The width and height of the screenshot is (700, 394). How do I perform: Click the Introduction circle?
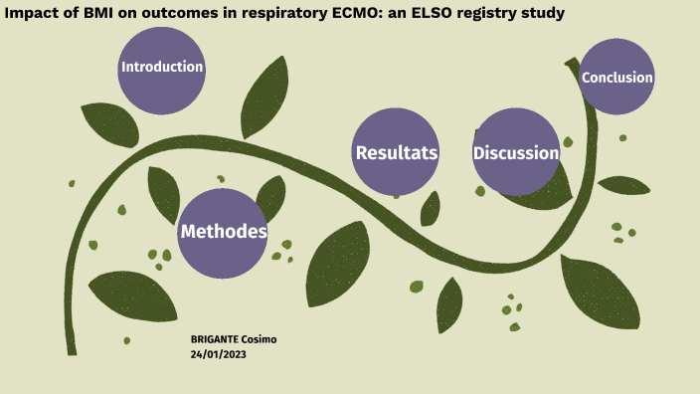tap(162, 69)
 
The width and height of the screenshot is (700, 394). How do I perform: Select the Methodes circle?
tap(223, 233)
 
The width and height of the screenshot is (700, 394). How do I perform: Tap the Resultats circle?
tap(397, 152)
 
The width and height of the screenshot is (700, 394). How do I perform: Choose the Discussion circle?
tap(516, 152)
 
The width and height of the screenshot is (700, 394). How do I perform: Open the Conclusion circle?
tap(617, 78)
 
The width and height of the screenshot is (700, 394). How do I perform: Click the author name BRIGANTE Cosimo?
tap(234, 339)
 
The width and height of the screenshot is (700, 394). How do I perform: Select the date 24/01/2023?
tap(218, 354)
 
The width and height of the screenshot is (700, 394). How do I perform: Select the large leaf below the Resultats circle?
tap(337, 264)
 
